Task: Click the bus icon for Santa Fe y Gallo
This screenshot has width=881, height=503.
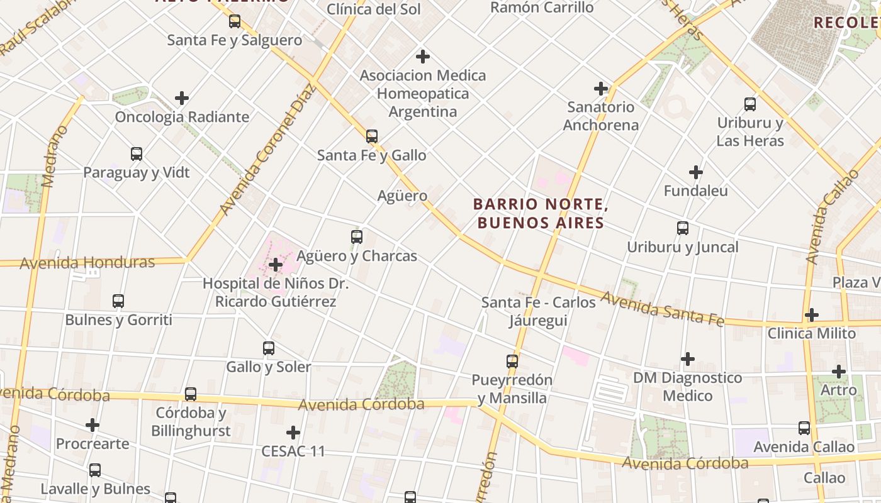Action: pyautogui.click(x=372, y=136)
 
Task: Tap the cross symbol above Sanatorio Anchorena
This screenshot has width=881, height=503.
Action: pyautogui.click(x=601, y=89)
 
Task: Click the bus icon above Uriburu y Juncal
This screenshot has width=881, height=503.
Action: pyautogui.click(x=683, y=228)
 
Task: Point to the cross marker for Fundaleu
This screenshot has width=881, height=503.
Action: pyautogui.click(x=695, y=172)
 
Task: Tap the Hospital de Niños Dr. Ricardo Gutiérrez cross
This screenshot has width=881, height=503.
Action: pyautogui.click(x=275, y=265)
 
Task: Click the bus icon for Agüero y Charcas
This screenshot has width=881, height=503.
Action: pyautogui.click(x=357, y=237)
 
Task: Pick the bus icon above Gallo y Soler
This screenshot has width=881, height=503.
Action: pyautogui.click(x=269, y=348)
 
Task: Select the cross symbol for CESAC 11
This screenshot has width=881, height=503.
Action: pyautogui.click(x=293, y=433)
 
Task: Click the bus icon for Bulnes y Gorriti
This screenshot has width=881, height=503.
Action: pyautogui.click(x=118, y=301)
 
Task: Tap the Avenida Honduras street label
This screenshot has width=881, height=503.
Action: pyautogui.click(x=87, y=262)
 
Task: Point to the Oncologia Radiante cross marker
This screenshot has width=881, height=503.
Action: pyautogui.click(x=182, y=98)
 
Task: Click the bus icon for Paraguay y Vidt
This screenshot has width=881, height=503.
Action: pyautogui.click(x=137, y=153)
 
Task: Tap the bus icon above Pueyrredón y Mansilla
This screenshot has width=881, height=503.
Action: pyautogui.click(x=512, y=362)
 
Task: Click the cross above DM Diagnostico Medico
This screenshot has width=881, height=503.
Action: pyautogui.click(x=688, y=359)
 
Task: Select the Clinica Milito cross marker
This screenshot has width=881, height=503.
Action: pyautogui.click(x=812, y=314)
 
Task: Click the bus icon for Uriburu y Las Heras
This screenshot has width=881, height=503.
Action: pyautogui.click(x=750, y=104)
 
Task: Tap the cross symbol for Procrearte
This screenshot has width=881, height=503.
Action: pyautogui.click(x=93, y=425)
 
